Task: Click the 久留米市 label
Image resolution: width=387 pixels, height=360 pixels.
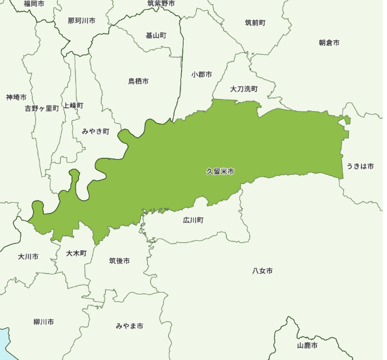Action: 220,172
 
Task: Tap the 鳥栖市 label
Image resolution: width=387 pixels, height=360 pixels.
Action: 139,81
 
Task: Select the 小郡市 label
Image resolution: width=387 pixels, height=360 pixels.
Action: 201,75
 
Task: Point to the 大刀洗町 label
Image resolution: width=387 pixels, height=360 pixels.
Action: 244,89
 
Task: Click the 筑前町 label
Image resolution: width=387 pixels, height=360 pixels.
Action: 255,23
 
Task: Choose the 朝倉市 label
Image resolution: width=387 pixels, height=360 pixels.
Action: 329,42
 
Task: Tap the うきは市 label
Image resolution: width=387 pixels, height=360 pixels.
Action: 360,166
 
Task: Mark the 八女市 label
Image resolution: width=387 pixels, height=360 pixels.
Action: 262,271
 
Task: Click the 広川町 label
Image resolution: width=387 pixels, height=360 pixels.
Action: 193,220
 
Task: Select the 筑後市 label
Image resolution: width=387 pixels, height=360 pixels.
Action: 119,261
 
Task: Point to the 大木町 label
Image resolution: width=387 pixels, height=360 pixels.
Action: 77,253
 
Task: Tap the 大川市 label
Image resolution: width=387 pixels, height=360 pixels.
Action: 28,257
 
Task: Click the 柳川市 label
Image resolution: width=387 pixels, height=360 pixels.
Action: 44,322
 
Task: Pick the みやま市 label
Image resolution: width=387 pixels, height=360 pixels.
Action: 129,327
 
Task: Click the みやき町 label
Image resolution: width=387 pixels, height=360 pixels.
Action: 95,131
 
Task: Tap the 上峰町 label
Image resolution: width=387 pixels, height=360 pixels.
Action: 73,106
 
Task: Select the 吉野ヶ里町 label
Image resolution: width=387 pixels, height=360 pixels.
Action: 42,108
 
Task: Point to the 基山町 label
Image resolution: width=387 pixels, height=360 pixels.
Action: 156,35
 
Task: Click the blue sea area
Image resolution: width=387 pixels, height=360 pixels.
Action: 3,346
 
